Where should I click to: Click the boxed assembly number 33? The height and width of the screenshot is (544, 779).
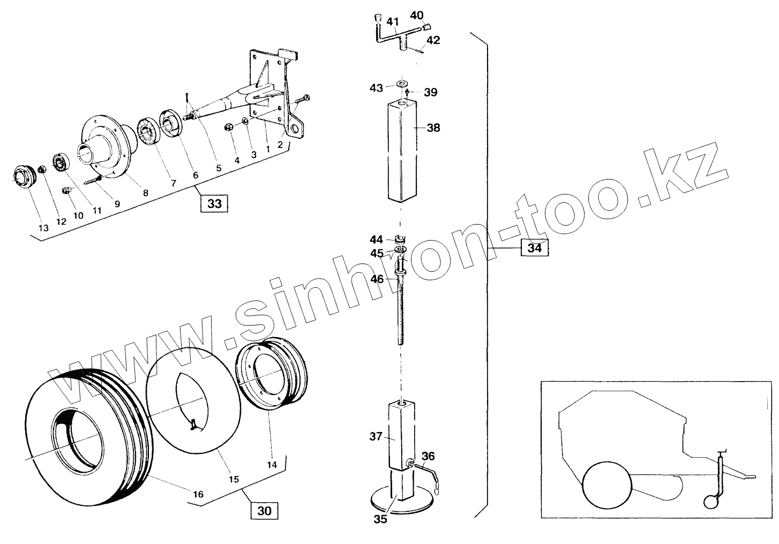tap(214, 204)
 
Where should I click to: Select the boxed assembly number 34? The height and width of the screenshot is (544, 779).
tap(534, 248)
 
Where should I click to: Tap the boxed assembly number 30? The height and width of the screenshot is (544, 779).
tap(265, 511)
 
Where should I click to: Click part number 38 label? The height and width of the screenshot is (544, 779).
tap(433, 128)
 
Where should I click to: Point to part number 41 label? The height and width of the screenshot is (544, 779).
tap(393, 23)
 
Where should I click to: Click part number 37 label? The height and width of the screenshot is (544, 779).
tap(375, 436)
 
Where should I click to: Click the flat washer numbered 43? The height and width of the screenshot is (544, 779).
tap(401, 85)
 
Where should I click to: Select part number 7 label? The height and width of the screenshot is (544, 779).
tap(173, 183)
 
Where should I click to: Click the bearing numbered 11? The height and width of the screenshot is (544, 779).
tap(61, 162)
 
